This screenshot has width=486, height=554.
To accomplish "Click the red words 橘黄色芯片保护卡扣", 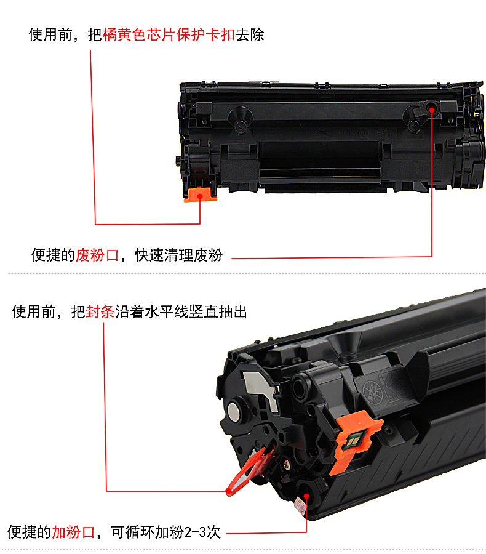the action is (169, 34).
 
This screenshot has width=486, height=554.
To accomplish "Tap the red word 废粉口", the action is (97, 255).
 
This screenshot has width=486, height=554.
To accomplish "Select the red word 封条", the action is (100, 311).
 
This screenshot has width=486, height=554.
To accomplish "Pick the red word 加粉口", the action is (73, 532).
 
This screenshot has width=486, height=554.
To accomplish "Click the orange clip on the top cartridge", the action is (200, 195).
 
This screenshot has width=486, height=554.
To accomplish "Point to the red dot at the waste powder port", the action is (432, 110).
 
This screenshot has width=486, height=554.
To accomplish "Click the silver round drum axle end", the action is (233, 410).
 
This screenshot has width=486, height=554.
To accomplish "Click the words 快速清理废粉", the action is (179, 255).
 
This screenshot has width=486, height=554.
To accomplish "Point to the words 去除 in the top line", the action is (250, 34).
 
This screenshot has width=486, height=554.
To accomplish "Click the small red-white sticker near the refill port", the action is (301, 505).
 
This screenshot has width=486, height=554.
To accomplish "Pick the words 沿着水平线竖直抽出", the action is (181, 311).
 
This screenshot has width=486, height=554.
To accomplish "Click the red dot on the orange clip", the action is (200, 196).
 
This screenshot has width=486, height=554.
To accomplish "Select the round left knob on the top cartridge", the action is (240, 120).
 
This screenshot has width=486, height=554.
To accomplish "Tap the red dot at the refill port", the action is (306, 496).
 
